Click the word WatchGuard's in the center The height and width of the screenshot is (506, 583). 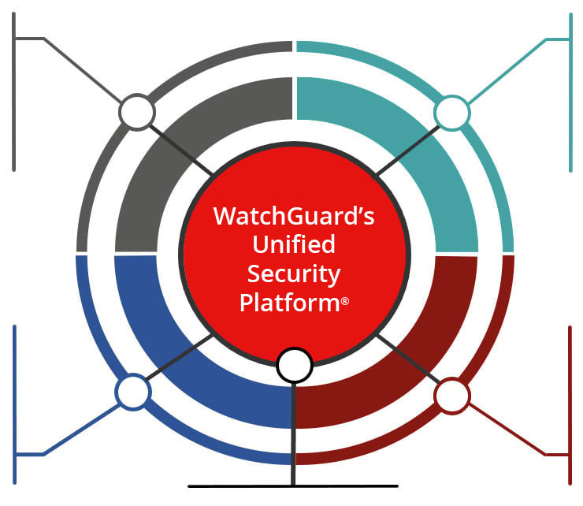[x=294, y=216]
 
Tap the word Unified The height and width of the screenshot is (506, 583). [x=294, y=244]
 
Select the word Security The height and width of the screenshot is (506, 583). [x=294, y=273]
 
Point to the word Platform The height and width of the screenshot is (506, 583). [x=288, y=303]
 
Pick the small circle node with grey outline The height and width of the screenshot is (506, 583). [x=136, y=113]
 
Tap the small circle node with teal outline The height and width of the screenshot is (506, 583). [x=451, y=113]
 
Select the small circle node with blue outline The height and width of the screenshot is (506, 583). [x=132, y=392]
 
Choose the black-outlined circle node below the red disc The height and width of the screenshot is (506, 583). [x=295, y=364]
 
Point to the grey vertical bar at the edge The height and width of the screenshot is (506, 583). [x=14, y=95]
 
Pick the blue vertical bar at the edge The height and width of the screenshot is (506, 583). [x=14, y=394]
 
